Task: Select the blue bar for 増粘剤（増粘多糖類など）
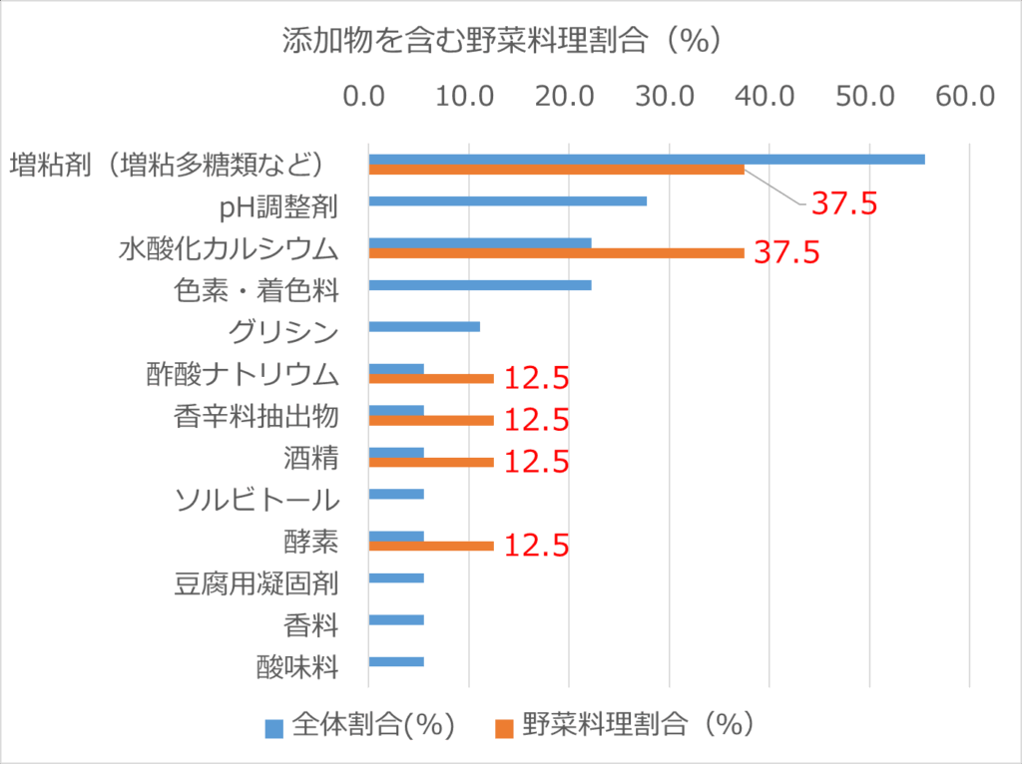coord(646,159)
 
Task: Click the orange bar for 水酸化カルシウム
coord(556,253)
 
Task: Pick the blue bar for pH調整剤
coord(507,200)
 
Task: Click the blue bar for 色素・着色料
coord(479,285)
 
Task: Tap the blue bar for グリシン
coord(424,326)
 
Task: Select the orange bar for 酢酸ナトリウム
coord(431,379)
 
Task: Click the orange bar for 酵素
coord(431,546)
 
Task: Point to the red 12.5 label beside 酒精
coord(536,462)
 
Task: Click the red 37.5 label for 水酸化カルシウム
coord(786,252)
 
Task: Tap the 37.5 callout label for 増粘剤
coord(843,203)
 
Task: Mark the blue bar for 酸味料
coord(396,661)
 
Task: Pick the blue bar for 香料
coord(396,619)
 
